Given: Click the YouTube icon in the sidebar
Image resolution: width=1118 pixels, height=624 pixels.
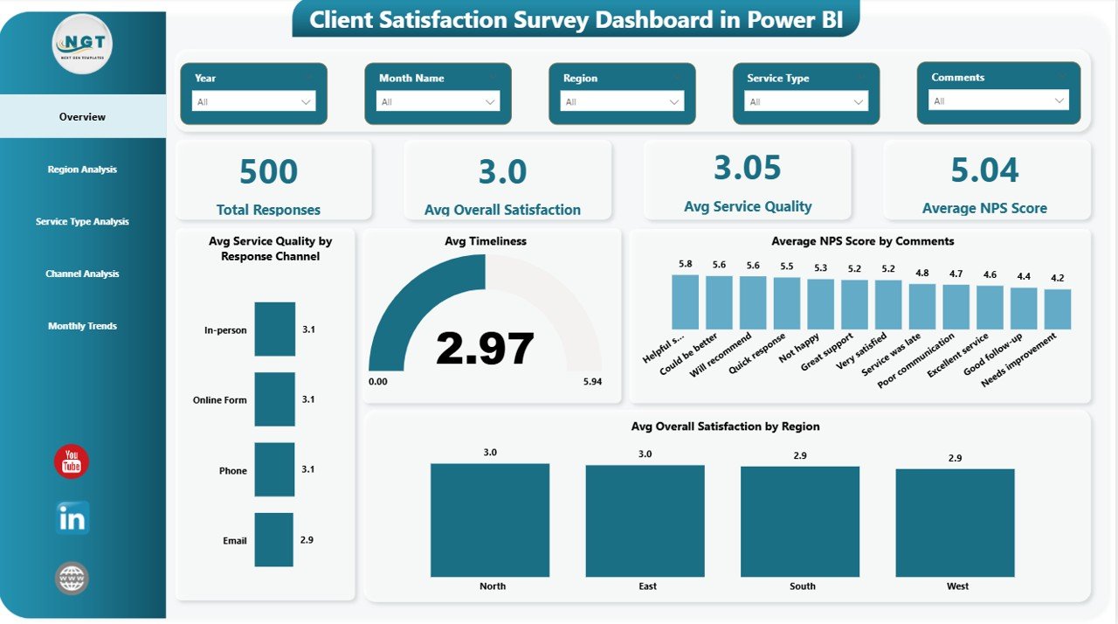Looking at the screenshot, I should pyautogui.click(x=72, y=461).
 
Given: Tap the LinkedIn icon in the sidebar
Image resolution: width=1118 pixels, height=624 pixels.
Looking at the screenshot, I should pyautogui.click(x=72, y=519).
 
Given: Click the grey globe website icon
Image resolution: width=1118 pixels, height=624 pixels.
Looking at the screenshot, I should pyautogui.click(x=72, y=579).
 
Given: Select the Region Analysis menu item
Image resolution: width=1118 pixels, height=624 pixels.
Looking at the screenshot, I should pyautogui.click(x=82, y=170).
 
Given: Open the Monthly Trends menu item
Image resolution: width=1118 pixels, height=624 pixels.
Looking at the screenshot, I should pyautogui.click(x=82, y=326).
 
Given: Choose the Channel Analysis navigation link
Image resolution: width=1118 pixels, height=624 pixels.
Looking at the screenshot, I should pyautogui.click(x=82, y=274).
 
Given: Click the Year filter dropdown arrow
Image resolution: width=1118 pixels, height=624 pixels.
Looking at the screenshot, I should pyautogui.click(x=306, y=102).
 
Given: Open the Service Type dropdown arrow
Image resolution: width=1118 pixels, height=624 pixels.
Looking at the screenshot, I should pyautogui.click(x=859, y=102).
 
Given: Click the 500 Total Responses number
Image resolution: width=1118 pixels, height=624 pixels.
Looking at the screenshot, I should pyautogui.click(x=268, y=172).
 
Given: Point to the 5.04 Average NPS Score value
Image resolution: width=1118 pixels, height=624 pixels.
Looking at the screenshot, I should pyautogui.click(x=984, y=170).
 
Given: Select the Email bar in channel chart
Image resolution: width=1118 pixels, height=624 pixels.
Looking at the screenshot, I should pyautogui.click(x=273, y=540).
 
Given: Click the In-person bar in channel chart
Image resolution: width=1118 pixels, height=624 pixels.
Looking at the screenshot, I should pyautogui.click(x=274, y=329).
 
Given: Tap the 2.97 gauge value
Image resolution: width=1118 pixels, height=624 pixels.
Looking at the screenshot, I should pyautogui.click(x=485, y=349).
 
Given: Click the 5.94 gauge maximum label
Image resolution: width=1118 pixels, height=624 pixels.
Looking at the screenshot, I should pyautogui.click(x=591, y=382).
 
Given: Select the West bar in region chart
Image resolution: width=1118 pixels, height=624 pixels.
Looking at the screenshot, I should pyautogui.click(x=955, y=523).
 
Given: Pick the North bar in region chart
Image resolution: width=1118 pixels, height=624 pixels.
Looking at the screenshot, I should pyautogui.click(x=490, y=520).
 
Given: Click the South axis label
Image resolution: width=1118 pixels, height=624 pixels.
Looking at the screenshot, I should pyautogui.click(x=802, y=586).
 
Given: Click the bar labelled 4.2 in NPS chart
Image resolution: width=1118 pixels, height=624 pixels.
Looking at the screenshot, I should pyautogui.click(x=1057, y=309).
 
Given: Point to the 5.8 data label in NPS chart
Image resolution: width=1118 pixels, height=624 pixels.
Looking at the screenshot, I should pyautogui.click(x=685, y=264).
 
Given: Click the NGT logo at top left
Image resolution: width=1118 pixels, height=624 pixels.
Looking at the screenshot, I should pyautogui.click(x=82, y=44).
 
